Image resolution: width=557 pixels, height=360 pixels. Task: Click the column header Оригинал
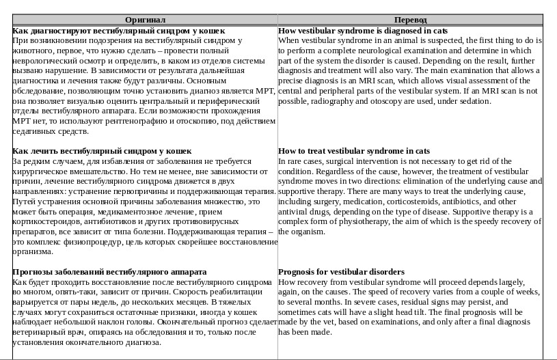tap(145, 20)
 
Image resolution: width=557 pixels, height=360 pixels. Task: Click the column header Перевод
tap(410, 20)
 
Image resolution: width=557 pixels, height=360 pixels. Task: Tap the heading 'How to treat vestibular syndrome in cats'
tap(354, 150)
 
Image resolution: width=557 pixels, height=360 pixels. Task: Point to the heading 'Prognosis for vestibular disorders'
tap(341, 271)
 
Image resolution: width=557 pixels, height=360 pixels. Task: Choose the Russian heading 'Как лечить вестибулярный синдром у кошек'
tap(102, 150)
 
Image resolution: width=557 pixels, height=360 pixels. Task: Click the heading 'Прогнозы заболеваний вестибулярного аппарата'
tap(109, 271)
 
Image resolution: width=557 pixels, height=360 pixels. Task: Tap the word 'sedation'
tap(475, 100)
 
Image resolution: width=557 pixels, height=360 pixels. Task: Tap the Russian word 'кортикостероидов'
tap(44, 221)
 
